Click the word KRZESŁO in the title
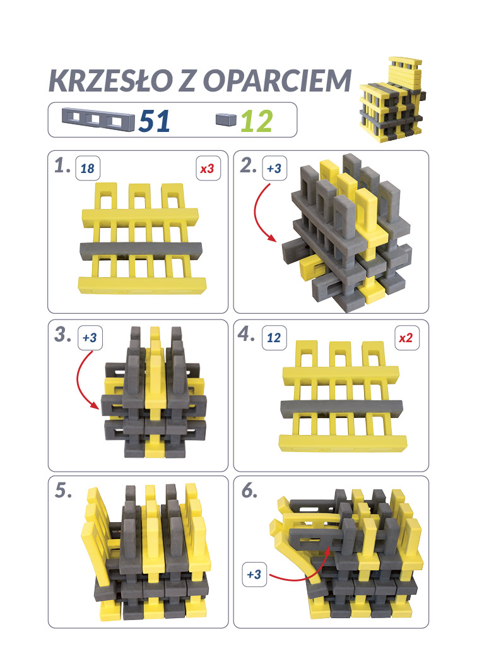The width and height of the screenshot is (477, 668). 109,81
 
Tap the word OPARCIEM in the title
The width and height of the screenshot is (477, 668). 278,81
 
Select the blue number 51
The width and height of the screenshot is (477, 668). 154,121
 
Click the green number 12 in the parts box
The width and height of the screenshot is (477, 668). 256,121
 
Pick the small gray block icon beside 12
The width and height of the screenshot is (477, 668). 226,119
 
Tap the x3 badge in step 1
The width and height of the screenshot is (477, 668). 208,169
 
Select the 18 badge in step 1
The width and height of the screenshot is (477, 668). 87,169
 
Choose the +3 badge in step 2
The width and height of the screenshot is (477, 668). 274,169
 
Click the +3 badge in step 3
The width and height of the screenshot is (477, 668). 90,338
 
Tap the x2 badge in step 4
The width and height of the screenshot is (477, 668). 406,338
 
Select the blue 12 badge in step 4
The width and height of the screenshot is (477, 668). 274,338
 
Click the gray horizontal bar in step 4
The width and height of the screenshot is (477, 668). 341,409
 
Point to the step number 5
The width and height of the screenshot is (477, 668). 63,491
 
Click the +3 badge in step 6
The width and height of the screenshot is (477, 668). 254,575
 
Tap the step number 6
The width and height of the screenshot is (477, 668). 249,491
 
